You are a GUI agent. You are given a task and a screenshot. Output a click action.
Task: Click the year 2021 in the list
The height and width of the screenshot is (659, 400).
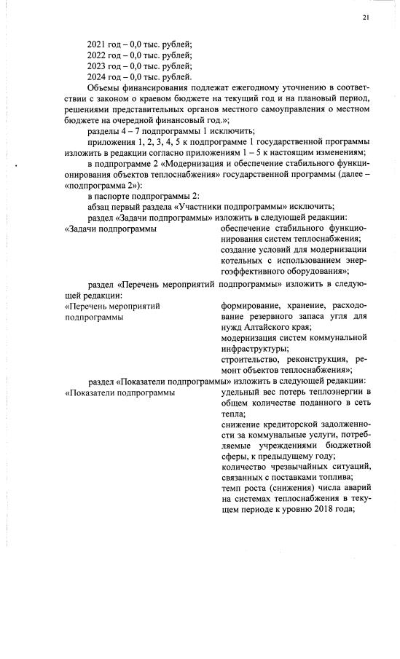(97, 44)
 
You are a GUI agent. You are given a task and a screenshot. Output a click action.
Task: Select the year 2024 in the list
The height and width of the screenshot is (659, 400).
(97, 77)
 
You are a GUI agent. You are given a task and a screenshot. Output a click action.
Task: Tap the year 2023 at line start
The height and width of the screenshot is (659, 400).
(97, 66)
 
